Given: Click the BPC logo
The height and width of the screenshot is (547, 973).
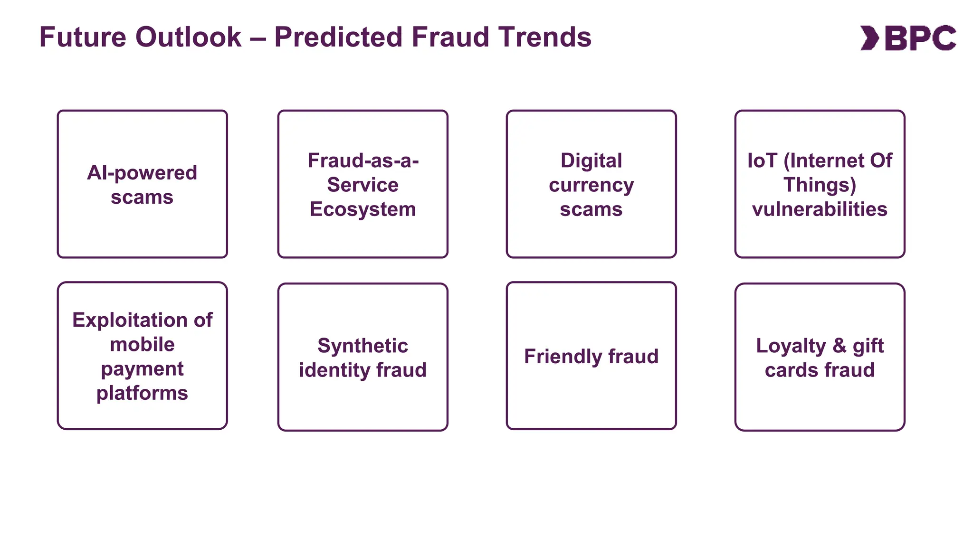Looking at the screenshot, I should coord(908,38).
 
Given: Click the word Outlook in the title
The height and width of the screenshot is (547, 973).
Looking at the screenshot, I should coord(188,37).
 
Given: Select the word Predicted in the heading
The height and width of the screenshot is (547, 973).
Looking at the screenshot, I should coord(338,37).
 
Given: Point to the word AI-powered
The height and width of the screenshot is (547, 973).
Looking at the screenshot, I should coord(142,173).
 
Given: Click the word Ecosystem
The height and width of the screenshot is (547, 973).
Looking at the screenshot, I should coord(362,209).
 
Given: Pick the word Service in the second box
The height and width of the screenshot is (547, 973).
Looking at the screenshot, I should coord(362,185).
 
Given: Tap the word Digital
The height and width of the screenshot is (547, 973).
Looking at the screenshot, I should coord(591,160).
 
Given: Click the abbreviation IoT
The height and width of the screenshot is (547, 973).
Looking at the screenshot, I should coord(762,160).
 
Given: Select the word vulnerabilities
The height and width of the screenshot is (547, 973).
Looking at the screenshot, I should coord(820,209).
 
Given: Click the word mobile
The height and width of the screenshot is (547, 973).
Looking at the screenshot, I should coord(142,344).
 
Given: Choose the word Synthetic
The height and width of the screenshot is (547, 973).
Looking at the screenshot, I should coord(362,346).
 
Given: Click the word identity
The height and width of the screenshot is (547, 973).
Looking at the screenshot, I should coord(328,370).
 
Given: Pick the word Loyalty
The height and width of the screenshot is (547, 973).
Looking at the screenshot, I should coord(791,346).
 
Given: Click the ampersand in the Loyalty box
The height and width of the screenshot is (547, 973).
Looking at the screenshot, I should coord(839,346).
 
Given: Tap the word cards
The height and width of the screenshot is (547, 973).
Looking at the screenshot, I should coord(791,370).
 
